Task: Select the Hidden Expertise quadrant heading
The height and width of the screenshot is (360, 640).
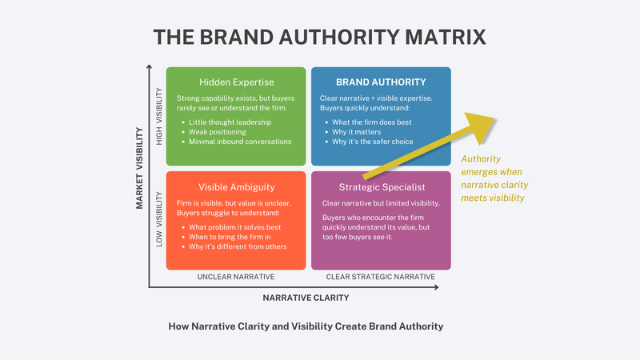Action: tap(235, 82)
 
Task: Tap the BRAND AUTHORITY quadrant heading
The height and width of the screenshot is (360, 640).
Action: tap(381, 82)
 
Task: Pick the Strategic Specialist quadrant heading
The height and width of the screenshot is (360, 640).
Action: tap(381, 187)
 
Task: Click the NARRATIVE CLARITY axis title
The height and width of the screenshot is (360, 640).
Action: tap(306, 298)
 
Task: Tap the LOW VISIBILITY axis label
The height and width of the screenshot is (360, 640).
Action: tap(159, 218)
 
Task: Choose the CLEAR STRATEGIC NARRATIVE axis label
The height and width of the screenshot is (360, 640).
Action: tap(381, 277)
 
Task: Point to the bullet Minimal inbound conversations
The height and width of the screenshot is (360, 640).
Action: tap(240, 142)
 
